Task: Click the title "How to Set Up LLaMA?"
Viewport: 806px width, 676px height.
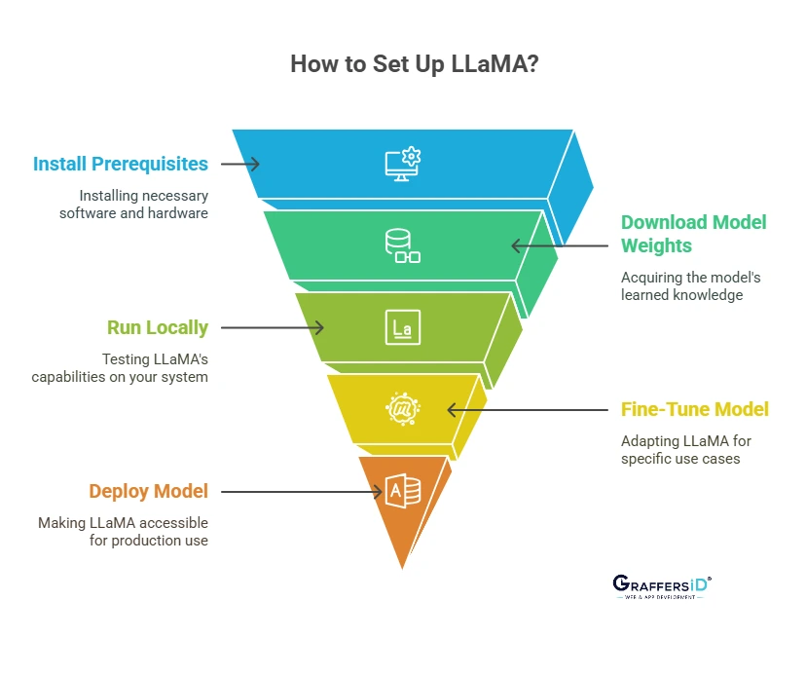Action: pyautogui.click(x=402, y=65)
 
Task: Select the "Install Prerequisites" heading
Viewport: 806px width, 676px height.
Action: pyautogui.click(x=121, y=164)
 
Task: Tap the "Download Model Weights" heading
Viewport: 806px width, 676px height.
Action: pyautogui.click(x=693, y=234)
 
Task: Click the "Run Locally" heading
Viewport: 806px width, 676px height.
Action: pyautogui.click(x=158, y=327)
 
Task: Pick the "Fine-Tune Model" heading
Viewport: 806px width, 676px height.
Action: pyautogui.click(x=694, y=409)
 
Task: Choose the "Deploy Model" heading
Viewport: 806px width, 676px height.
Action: pyautogui.click(x=148, y=491)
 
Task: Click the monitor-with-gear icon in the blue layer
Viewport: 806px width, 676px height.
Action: pyautogui.click(x=402, y=165)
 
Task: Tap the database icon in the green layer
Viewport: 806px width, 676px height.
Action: pyautogui.click(x=401, y=245)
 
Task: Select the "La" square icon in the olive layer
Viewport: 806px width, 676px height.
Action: pyautogui.click(x=402, y=328)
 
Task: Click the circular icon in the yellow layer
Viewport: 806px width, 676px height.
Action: pyautogui.click(x=402, y=408)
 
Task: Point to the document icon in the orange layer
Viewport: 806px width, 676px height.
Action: pyautogui.click(x=402, y=490)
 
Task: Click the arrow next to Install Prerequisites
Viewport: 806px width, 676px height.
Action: pyautogui.click(x=240, y=164)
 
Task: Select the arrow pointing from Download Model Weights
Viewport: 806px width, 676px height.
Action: pyautogui.click(x=563, y=245)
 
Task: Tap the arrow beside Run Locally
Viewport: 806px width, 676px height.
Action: pyautogui.click(x=274, y=328)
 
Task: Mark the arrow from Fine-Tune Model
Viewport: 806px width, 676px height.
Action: pyautogui.click(x=531, y=410)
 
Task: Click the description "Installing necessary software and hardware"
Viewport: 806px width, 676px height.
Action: pyautogui.click(x=133, y=204)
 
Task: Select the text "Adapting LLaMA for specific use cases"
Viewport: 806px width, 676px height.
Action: pyautogui.click(x=685, y=449)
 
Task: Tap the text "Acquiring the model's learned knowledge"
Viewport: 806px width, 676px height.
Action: pyautogui.click(x=690, y=286)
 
